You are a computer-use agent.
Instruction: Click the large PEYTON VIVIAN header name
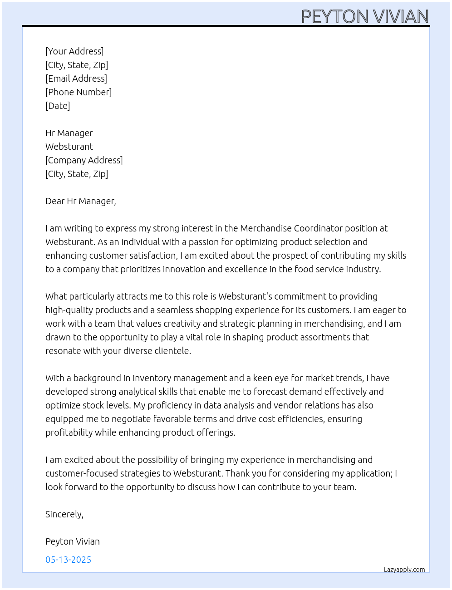tap(365, 17)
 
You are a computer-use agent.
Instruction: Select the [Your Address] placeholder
tap(74, 51)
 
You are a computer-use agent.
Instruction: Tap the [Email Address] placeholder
tap(76, 79)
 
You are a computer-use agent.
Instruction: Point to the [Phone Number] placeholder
tap(79, 92)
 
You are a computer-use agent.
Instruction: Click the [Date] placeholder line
tap(58, 106)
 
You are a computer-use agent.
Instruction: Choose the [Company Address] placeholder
tap(84, 160)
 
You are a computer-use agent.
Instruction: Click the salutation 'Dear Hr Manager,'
tap(81, 201)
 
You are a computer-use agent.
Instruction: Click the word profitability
tap(69, 433)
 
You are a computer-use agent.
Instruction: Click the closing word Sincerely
tap(64, 514)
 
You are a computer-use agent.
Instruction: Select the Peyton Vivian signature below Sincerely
tap(73, 541)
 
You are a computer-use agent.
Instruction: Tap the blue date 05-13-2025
tap(68, 560)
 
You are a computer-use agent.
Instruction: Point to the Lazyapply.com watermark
tap(404, 570)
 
